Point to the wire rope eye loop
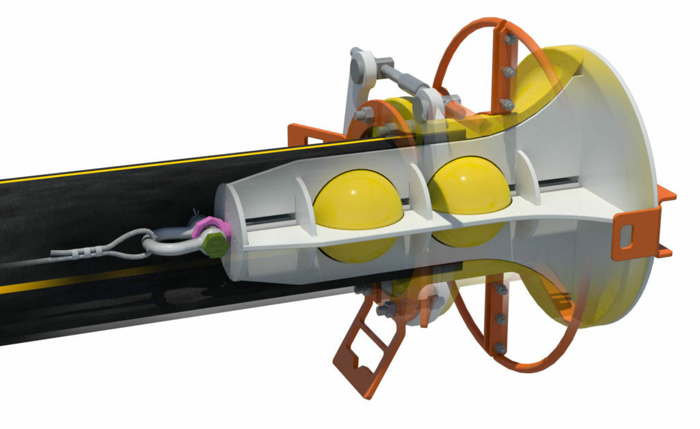click(123, 245)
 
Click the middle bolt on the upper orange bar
click(509, 72)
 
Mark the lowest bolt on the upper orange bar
click(507, 104)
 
